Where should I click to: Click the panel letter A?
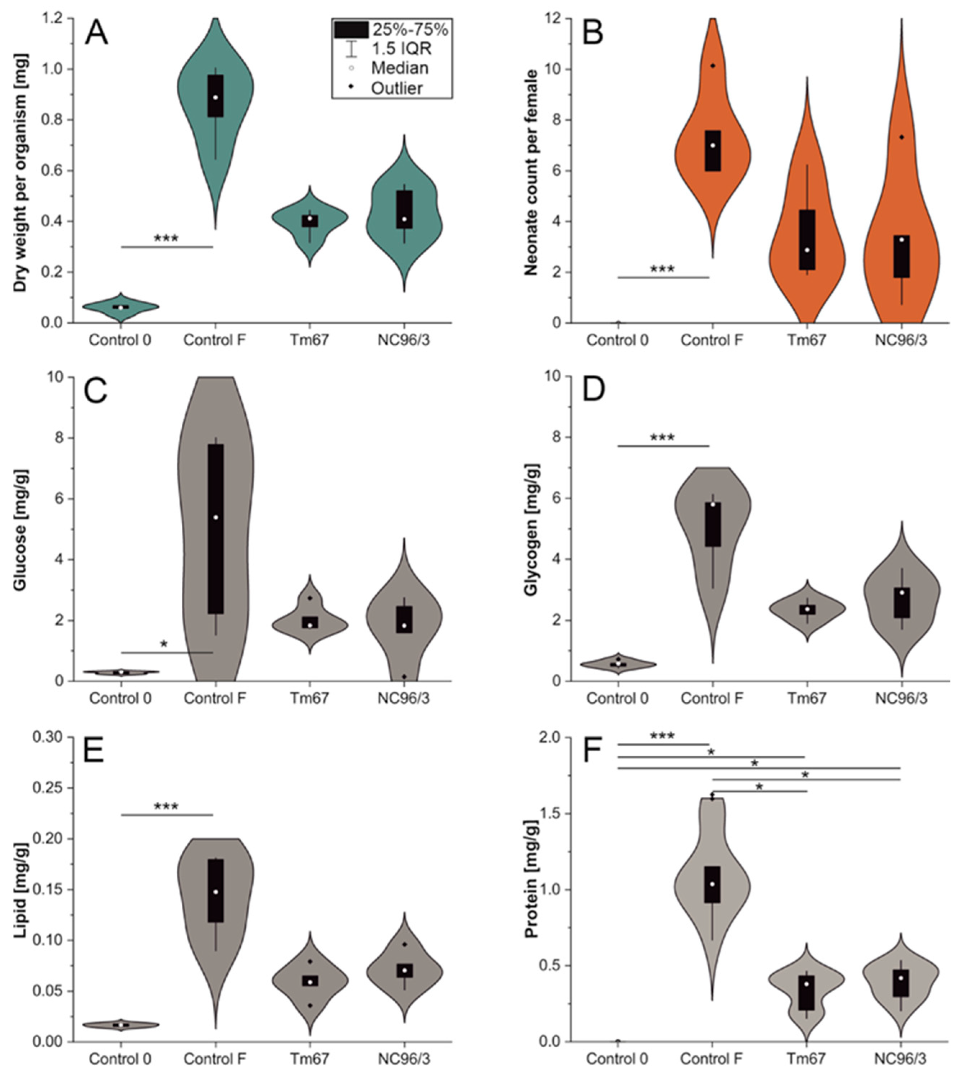[x=97, y=33]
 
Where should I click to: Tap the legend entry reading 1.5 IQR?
[x=401, y=49]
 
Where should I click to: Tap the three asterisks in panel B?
[x=662, y=269]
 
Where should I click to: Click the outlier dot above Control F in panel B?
[x=712, y=66]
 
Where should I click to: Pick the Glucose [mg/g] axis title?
[x=20, y=529]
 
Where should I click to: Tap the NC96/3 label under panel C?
[x=403, y=699]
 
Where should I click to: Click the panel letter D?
[x=594, y=391]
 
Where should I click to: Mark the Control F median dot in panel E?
[x=215, y=892]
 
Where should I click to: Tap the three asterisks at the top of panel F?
[x=662, y=736]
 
